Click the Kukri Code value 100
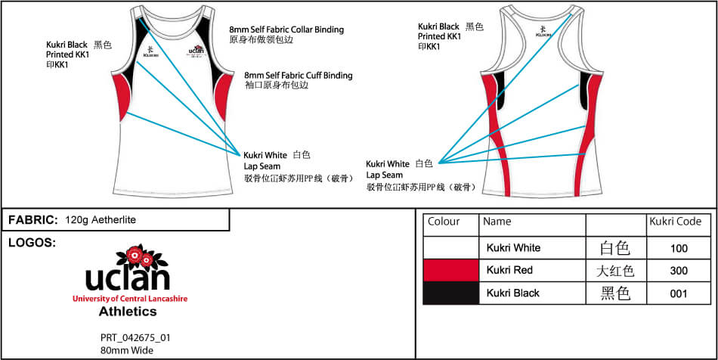pos(679,248)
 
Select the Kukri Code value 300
pos(679,271)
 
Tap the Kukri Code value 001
pos(679,293)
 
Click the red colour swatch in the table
pos(451,270)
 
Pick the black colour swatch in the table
pos(451,293)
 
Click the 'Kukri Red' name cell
pos(509,271)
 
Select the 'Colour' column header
pos(444,222)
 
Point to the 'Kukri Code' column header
pos(675,222)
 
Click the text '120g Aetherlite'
pos(101,220)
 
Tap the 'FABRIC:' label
pos(33,220)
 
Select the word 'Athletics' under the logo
pos(127,311)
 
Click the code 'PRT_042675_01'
pos(135,337)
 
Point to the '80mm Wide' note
pos(127,349)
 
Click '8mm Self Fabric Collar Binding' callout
pos(286,29)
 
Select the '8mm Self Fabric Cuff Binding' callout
pos(298,76)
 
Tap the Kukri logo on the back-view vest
pos(543,32)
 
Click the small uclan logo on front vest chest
pos(197,51)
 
